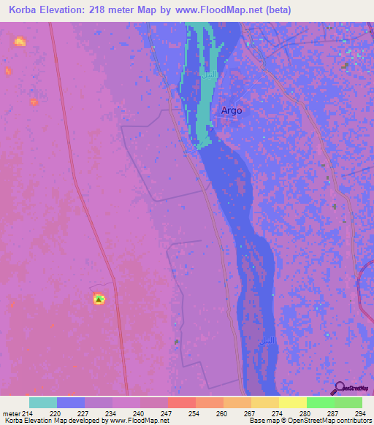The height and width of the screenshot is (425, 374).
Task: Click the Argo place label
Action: (x=231, y=111)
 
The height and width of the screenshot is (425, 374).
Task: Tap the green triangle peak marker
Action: (x=99, y=299)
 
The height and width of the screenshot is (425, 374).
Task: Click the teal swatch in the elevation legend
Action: (x=42, y=402)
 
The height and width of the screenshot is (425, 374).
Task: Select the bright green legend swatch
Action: (x=320, y=402)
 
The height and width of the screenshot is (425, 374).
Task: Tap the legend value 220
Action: (x=56, y=414)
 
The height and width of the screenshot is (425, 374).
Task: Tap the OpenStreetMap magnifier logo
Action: (x=338, y=388)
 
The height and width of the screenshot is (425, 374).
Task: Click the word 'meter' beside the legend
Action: (x=11, y=414)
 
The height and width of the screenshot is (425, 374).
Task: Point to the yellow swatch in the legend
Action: (x=292, y=402)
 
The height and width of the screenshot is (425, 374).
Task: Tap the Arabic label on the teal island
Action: (x=210, y=76)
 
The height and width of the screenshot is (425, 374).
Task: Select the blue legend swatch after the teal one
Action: (x=70, y=402)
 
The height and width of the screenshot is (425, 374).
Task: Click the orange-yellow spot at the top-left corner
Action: (x=19, y=41)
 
